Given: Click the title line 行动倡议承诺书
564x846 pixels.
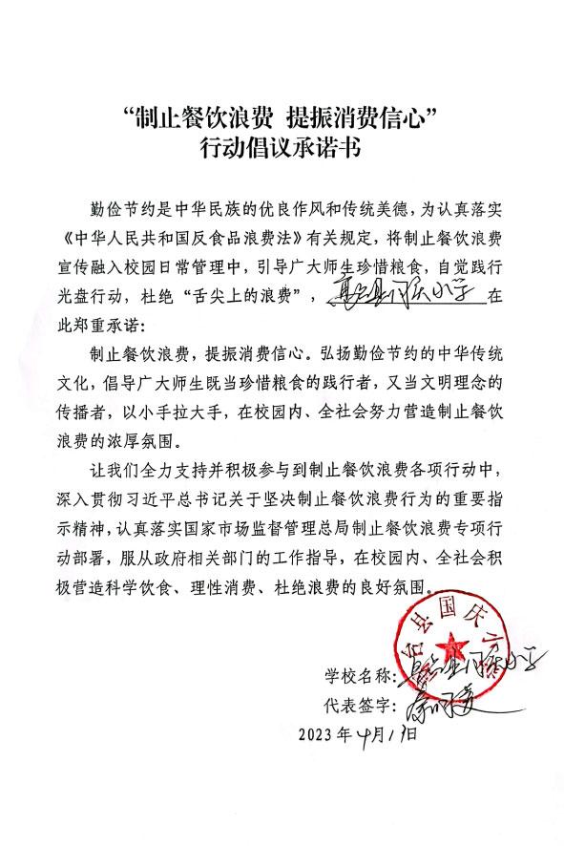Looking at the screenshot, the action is click(282, 147).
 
